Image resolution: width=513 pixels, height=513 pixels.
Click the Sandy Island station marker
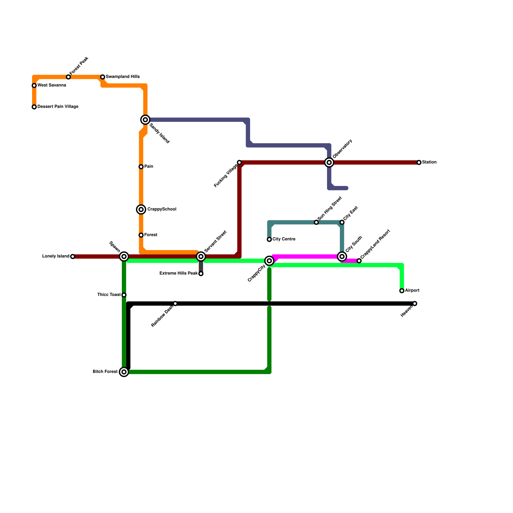(x=145, y=120)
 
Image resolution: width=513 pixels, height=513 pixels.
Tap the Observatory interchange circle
(x=329, y=163)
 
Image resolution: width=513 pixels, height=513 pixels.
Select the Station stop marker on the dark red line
(x=419, y=163)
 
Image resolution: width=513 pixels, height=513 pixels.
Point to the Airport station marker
(x=402, y=291)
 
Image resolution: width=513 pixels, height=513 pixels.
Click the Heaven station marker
(x=415, y=304)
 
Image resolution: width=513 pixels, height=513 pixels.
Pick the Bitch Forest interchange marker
(x=124, y=372)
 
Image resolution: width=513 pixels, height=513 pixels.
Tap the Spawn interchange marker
(x=124, y=256)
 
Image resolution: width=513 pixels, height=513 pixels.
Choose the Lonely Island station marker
(x=72, y=256)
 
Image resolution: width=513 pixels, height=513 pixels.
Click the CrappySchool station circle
(x=141, y=209)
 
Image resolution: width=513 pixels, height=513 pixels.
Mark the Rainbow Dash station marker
(x=175, y=304)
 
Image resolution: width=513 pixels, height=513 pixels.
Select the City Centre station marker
(x=269, y=240)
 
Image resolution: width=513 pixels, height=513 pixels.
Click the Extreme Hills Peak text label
(x=178, y=273)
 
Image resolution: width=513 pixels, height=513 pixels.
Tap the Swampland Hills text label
(x=122, y=77)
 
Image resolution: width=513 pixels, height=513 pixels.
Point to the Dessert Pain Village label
(x=58, y=107)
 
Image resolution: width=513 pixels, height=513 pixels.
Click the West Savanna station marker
(x=34, y=86)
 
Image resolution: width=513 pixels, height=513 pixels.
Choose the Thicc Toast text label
(x=109, y=295)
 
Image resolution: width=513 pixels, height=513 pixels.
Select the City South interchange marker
(x=342, y=256)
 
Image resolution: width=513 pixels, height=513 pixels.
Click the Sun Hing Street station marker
(x=316, y=222)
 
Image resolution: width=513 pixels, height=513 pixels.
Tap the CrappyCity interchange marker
(x=269, y=261)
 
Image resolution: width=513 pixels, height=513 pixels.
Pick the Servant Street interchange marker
(x=201, y=256)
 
